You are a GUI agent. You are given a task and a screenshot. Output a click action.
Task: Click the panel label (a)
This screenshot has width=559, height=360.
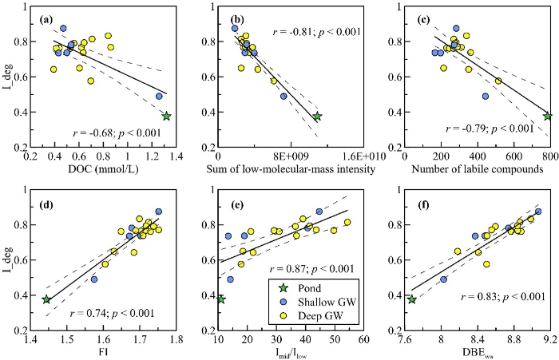click(x=53, y=18)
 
